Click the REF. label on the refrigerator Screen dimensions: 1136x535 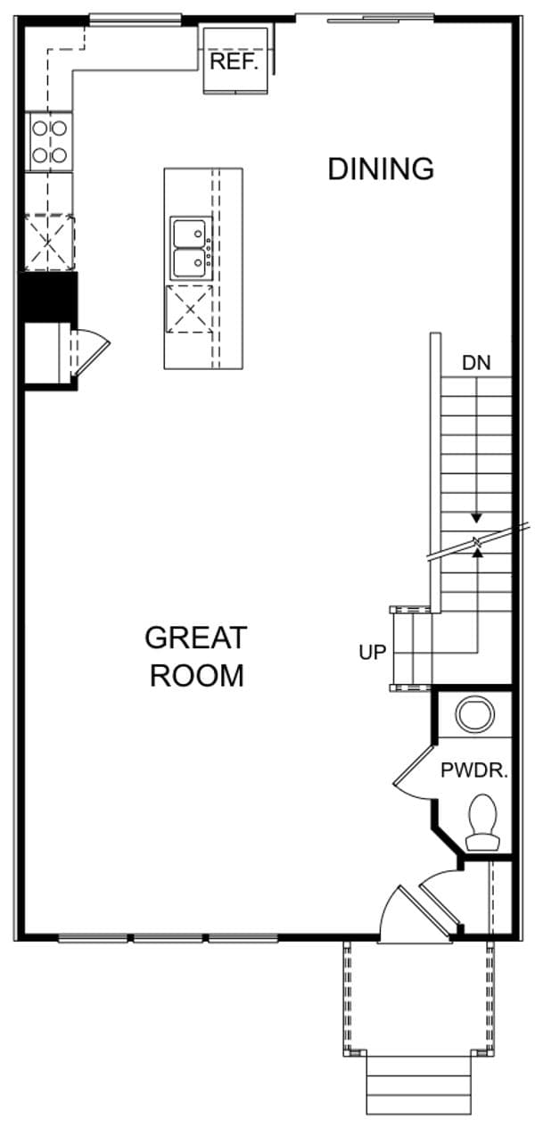pyautogui.click(x=234, y=62)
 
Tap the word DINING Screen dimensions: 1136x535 pyautogui.click(x=381, y=169)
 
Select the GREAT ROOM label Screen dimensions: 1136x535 pyautogui.click(x=195, y=656)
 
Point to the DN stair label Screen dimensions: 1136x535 pyautogui.click(x=475, y=363)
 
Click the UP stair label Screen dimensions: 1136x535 pyautogui.click(x=372, y=653)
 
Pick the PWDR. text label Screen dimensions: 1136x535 pyautogui.click(x=473, y=771)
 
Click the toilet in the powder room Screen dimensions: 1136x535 pyautogui.click(x=483, y=822)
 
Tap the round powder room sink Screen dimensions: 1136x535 pyautogui.click(x=473, y=714)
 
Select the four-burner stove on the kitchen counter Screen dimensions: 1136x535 pyautogui.click(x=49, y=142)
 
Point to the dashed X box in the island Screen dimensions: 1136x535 pyautogui.click(x=189, y=309)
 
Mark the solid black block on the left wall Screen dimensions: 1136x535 pyautogui.click(x=49, y=297)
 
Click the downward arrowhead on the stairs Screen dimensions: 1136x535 pyautogui.click(x=477, y=518)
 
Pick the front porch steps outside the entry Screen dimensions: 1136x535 pyautogui.click(x=418, y=1084)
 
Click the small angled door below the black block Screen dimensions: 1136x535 pyautogui.click(x=89, y=350)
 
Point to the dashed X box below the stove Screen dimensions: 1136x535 pyautogui.click(x=48, y=241)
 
